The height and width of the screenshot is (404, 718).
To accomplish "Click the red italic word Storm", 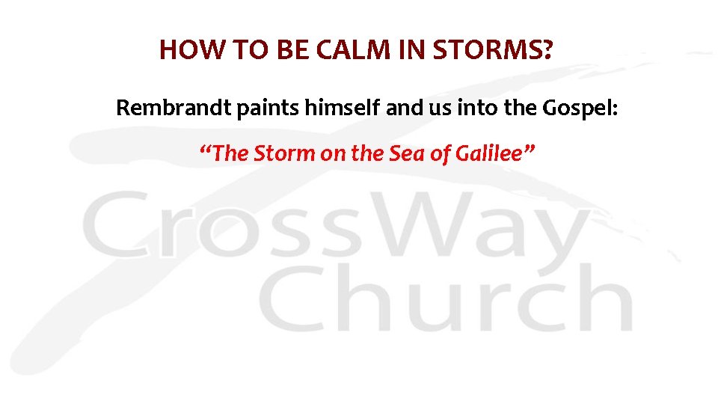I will pyautogui.click(x=284, y=153).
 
